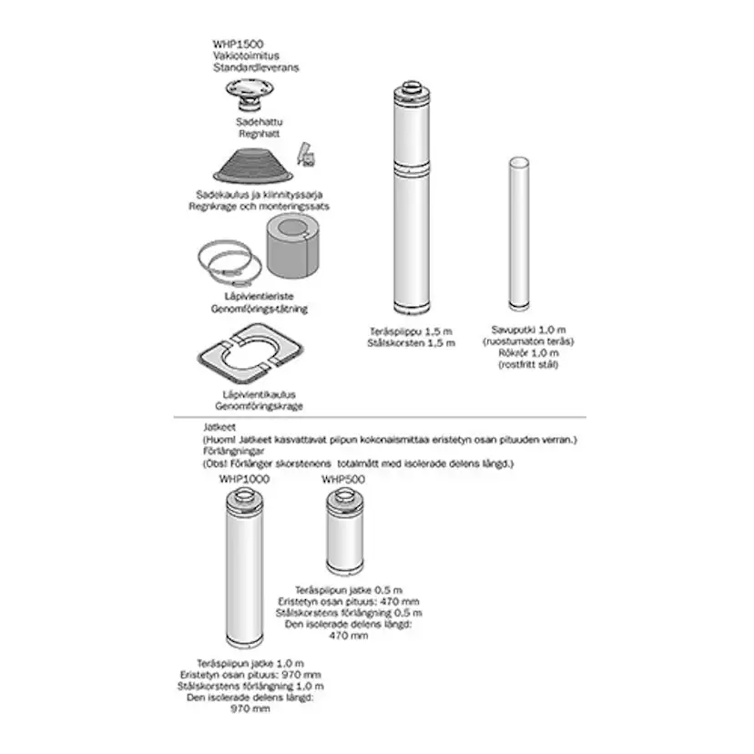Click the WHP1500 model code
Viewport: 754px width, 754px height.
238,45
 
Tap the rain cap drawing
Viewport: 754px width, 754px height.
250,95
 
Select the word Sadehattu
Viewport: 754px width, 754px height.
260,122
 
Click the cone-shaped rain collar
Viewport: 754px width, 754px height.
253,166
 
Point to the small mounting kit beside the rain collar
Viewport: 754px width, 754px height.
306,155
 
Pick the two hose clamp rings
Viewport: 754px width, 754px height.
229,263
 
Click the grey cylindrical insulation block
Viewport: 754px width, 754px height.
293,246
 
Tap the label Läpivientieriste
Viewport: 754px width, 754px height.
259,297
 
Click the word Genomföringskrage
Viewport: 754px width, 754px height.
259,406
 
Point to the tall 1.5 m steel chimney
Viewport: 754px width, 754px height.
412,198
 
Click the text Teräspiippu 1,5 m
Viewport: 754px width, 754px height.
411,331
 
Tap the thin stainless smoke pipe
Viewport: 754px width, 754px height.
519,234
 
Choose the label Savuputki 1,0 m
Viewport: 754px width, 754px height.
528,330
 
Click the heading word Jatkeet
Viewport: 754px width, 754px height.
219,427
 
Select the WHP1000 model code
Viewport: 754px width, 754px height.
244,479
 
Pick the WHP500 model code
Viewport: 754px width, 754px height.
343,479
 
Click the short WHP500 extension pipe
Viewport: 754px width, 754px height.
345,531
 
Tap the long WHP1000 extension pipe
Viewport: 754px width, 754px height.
245,567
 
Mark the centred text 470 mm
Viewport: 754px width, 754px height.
349,636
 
